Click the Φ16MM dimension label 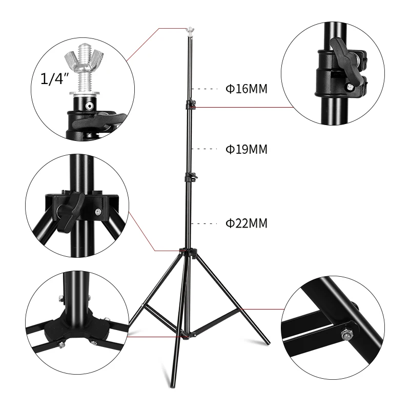tap(247, 89)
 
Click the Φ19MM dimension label tap(247, 150)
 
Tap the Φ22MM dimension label tap(247, 223)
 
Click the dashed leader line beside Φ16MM tap(208, 89)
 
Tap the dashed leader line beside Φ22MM tap(208, 223)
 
